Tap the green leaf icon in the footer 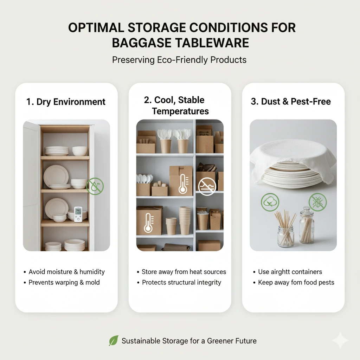(114, 340)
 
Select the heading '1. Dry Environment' (66, 102)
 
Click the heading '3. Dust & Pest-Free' (291, 101)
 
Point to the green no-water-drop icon (95, 186)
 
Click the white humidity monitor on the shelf (78, 214)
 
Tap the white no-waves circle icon (207, 186)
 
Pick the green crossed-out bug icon (318, 202)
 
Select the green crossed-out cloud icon (270, 202)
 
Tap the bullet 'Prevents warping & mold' (64, 282)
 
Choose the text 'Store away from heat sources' (184, 272)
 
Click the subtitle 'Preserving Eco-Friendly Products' (179, 60)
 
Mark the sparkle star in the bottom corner (340, 340)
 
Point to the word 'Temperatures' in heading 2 (180, 111)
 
